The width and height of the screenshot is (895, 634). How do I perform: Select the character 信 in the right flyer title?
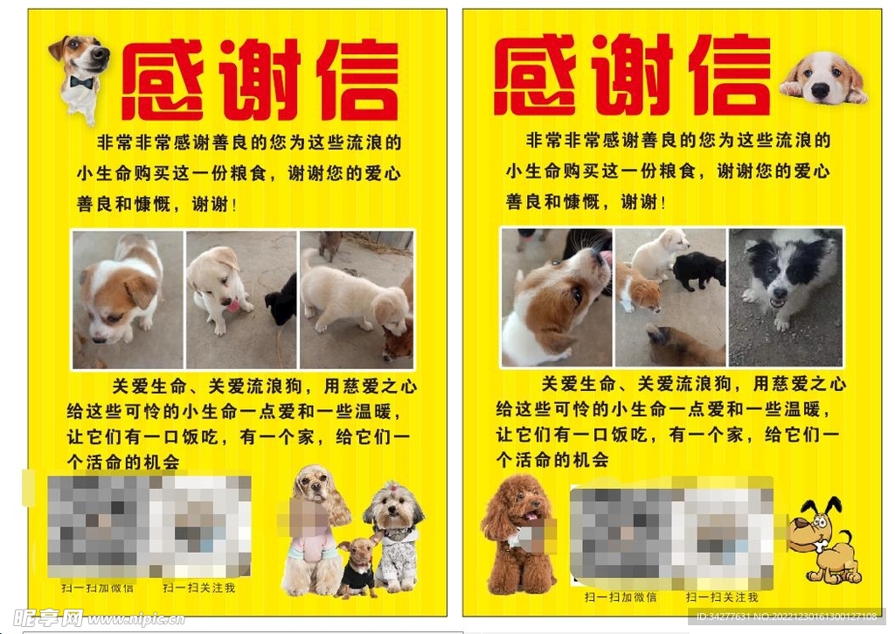tap(731, 77)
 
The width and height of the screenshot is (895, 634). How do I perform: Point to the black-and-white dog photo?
tap(785, 297)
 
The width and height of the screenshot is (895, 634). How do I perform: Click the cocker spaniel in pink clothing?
tap(315, 529)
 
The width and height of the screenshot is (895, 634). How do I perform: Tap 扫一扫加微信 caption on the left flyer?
tap(98, 588)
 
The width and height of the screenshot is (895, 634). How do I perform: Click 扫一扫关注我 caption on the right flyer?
tap(722, 597)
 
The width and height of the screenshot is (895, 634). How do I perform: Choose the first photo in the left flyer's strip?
tap(128, 300)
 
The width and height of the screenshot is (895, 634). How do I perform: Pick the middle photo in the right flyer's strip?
tap(670, 297)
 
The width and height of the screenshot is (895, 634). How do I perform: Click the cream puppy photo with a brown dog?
tap(357, 300)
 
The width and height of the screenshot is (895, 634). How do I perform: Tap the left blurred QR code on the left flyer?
tap(98, 525)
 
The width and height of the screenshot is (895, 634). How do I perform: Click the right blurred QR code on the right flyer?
tap(722, 535)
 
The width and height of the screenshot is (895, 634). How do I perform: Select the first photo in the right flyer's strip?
tap(556, 297)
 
